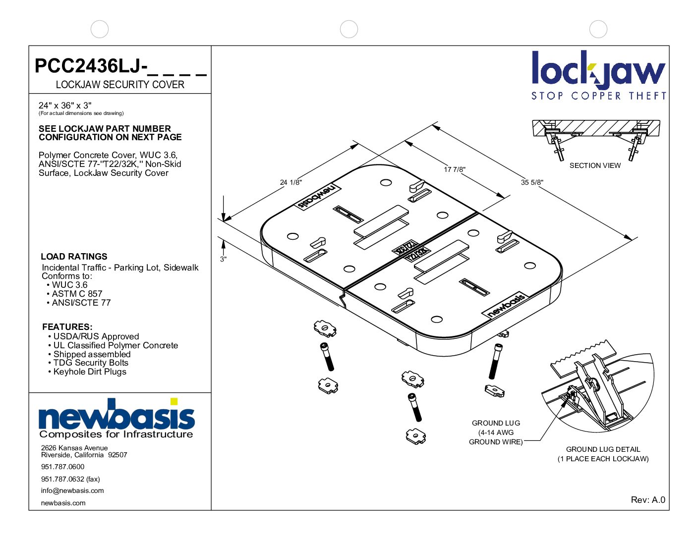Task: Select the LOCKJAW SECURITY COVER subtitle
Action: (120, 85)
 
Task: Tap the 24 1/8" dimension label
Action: (291, 182)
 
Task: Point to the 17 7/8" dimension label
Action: (455, 169)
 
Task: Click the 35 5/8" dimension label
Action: (532, 182)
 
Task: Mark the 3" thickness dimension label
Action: (224, 259)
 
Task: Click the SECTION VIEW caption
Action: (595, 165)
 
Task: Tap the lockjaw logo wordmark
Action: (598, 70)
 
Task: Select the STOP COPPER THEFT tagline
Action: (598, 96)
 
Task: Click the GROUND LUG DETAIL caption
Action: (603, 449)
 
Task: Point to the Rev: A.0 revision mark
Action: (648, 500)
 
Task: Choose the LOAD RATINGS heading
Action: (74, 257)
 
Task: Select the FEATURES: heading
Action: (67, 327)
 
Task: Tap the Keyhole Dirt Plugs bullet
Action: (90, 372)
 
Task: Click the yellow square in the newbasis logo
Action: (174, 401)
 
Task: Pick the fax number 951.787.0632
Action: (70, 479)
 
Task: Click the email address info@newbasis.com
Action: (72, 490)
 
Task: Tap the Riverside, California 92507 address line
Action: (84, 455)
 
